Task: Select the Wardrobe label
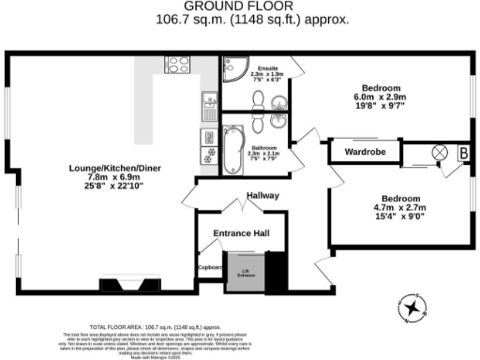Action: pyautogui.click(x=365, y=151)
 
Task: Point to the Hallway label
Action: pyautogui.click(x=263, y=196)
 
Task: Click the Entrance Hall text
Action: pyautogui.click(x=240, y=232)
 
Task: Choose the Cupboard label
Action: pyautogui.click(x=209, y=267)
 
